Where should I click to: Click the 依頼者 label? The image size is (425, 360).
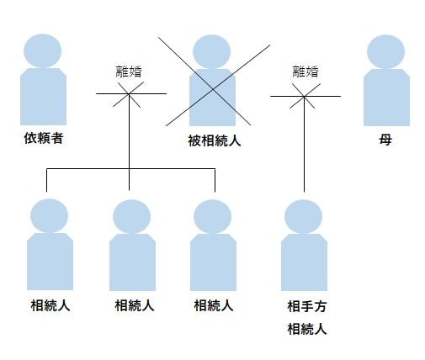coord(44,138)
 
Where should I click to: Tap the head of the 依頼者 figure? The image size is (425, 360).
coord(43,50)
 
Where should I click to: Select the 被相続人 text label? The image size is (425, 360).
coord(215,140)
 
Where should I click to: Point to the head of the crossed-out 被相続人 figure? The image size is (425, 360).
coord(212,51)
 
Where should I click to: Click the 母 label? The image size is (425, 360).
coord(385,140)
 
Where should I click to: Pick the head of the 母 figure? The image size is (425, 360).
coord(386,51)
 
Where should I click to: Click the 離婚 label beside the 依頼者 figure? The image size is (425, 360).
coord(129,71)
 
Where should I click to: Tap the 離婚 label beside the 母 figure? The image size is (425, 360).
coord(305,71)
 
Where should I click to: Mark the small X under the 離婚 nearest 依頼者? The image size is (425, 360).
coord(129,94)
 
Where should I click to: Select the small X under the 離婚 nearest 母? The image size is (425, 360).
coord(305,96)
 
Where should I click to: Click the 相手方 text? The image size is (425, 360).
coord(307,306)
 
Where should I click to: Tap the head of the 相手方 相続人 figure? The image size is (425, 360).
coord(303,216)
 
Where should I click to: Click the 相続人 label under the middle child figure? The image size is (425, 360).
coord(135,305)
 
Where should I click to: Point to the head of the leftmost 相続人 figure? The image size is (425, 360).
coord(49,215)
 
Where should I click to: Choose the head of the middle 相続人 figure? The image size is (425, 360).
coord(131,216)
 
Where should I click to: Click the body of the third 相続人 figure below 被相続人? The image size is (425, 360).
coord(213,262)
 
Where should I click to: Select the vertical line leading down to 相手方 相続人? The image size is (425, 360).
coord(304,144)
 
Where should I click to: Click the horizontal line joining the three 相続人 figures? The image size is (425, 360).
coord(130,169)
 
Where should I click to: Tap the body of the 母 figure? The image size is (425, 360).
coord(386,98)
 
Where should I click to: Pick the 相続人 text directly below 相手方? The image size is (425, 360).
coord(307,329)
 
